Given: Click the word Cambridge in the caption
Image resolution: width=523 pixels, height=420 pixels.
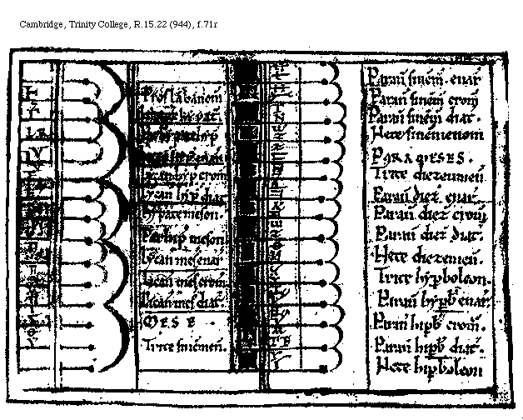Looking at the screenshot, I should click(39, 25).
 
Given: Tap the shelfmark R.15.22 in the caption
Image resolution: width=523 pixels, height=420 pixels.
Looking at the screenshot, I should click(146, 25).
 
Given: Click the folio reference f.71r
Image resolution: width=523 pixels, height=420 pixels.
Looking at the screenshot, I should click(209, 25).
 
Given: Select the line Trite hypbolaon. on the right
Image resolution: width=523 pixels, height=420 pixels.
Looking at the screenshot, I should click(431, 277).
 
